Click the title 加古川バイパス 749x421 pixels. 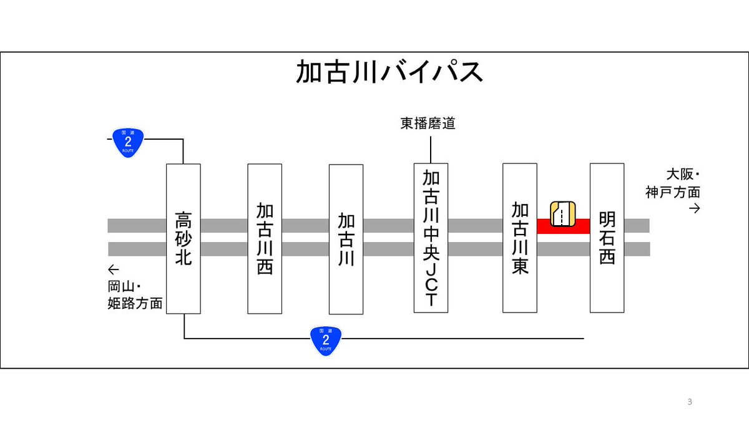(389, 73)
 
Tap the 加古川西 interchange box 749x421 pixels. (265, 239)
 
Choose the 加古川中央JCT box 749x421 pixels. (431, 238)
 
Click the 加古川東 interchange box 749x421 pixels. (519, 238)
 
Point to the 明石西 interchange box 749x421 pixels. (607, 238)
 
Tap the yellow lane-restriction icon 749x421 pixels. (562, 214)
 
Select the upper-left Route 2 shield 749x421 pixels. (128, 142)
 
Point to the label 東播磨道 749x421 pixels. (428, 123)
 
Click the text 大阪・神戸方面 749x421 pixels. (673, 183)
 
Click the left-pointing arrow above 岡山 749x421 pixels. (113, 270)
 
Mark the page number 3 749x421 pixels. (690, 401)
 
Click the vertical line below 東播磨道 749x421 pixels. (431, 148)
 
